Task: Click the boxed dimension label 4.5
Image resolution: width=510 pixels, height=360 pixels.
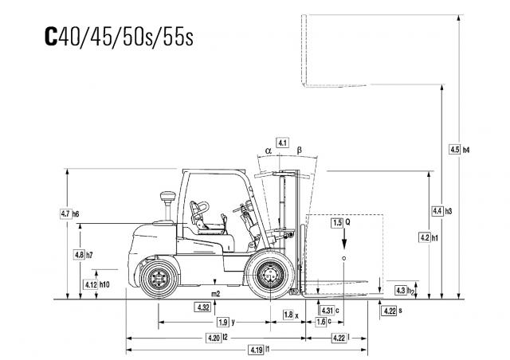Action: [454, 150]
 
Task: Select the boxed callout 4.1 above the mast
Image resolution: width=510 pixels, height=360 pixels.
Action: [282, 143]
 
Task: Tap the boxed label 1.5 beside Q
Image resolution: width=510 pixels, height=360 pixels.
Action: [337, 222]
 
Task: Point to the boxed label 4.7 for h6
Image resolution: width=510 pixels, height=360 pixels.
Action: [66, 214]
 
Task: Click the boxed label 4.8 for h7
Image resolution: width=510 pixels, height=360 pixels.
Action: [80, 255]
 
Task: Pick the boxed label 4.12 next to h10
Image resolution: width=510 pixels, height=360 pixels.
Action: [91, 284]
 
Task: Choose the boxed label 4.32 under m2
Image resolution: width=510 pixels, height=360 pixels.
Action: [202, 307]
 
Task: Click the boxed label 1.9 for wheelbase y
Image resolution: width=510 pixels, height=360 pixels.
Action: [223, 323]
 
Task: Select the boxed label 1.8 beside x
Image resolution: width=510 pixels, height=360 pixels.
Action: [288, 315]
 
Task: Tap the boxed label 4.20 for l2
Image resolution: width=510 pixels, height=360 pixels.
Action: [214, 338]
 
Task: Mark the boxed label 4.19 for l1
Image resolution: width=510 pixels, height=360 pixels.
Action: [257, 350]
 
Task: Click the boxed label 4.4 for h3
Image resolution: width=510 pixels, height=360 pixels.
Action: [437, 211]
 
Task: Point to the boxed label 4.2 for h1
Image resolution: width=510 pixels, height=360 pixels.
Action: [425, 237]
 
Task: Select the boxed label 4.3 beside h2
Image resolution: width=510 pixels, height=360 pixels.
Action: [400, 290]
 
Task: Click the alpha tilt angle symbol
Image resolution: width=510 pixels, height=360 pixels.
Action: [268, 151]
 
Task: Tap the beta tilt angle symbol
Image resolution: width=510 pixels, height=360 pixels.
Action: [300, 151]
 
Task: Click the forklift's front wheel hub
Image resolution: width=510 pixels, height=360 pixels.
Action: [270, 275]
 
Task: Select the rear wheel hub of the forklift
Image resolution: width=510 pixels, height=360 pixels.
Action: [159, 279]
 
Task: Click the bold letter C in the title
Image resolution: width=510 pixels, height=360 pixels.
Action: [51, 36]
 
